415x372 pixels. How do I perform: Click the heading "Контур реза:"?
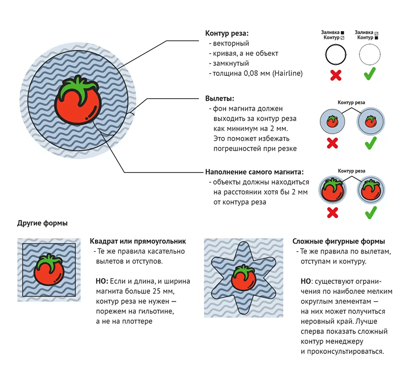point(227,33)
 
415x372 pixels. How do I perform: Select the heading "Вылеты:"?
point(220,99)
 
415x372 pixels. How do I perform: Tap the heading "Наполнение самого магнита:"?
point(254,171)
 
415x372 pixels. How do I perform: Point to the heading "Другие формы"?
point(42,223)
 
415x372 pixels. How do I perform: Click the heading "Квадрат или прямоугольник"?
point(137,241)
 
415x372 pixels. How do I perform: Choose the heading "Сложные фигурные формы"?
point(338,241)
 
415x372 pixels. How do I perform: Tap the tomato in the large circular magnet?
point(78,104)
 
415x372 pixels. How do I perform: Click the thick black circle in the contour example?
point(336,55)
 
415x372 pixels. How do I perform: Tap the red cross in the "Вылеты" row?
point(332,143)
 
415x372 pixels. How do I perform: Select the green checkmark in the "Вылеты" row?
point(370,143)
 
